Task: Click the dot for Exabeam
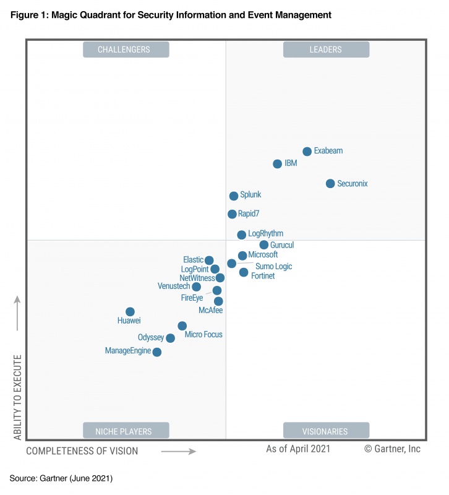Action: pos(307,152)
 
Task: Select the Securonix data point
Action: pos(330,184)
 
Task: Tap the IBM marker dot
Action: pos(278,164)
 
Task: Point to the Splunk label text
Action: pos(250,195)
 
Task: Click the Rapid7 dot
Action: pos(232,214)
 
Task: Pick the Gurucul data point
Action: pos(264,245)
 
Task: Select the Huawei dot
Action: pos(130,312)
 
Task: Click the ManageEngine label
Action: pos(128,351)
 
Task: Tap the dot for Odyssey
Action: pos(170,338)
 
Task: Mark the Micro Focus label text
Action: pos(203,335)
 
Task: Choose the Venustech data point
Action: pos(196,286)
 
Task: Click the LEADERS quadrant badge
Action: pos(326,49)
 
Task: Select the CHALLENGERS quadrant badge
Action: pos(126,49)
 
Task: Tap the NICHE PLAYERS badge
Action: pos(126,431)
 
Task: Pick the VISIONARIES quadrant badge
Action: pos(326,431)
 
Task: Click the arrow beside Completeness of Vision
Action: pos(179,452)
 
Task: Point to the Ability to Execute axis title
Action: pos(18,397)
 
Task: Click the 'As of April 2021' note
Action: pos(298,449)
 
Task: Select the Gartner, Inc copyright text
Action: pos(392,449)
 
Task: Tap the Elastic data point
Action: pos(209,260)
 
